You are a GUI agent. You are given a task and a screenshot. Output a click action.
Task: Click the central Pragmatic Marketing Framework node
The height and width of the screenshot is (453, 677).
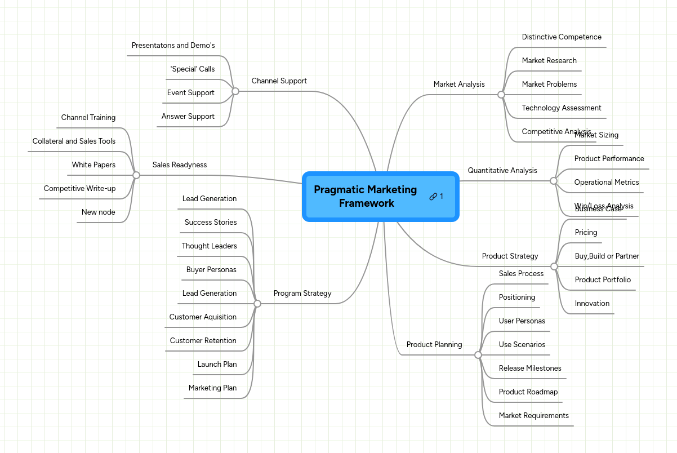click(x=365, y=196)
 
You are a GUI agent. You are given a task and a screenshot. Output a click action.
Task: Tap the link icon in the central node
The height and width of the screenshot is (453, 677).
click(x=433, y=197)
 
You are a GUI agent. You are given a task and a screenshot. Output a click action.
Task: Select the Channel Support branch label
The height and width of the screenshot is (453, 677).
click(x=279, y=81)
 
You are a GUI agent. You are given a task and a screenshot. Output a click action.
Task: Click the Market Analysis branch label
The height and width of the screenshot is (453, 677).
click(x=459, y=84)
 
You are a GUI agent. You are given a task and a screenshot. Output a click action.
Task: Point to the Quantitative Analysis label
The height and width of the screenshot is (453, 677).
click(x=502, y=170)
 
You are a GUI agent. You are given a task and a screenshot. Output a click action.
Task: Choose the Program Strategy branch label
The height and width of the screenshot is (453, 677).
click(x=302, y=293)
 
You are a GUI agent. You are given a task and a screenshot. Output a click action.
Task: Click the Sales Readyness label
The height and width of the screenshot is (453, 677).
click(x=180, y=165)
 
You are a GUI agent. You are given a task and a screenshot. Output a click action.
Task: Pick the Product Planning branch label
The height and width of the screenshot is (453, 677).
click(x=434, y=344)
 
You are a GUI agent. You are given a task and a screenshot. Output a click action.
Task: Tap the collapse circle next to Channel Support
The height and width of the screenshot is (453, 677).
click(x=235, y=91)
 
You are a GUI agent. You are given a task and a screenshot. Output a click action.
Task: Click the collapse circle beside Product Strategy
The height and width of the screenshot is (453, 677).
click(x=554, y=267)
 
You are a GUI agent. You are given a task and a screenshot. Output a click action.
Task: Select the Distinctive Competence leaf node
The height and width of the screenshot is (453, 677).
click(x=562, y=37)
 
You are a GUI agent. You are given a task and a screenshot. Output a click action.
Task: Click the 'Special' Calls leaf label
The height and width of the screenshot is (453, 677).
click(x=193, y=69)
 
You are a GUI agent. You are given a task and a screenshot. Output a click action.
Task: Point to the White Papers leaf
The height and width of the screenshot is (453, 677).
click(x=93, y=165)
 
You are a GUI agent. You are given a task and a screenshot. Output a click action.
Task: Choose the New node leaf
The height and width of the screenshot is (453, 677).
click(x=98, y=212)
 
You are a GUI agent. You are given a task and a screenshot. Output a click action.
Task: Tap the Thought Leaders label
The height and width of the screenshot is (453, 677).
click(x=209, y=246)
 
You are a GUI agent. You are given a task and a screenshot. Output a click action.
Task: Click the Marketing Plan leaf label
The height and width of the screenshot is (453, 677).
click(x=212, y=388)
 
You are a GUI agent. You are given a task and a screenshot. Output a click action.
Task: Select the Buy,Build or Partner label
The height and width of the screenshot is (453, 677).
click(x=607, y=256)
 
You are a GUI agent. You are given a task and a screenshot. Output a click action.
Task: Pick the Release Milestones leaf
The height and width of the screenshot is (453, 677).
click(x=530, y=368)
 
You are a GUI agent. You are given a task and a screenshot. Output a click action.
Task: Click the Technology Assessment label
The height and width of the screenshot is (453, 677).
click(x=562, y=108)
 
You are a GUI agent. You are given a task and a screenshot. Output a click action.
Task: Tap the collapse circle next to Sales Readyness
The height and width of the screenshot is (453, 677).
click(x=136, y=175)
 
